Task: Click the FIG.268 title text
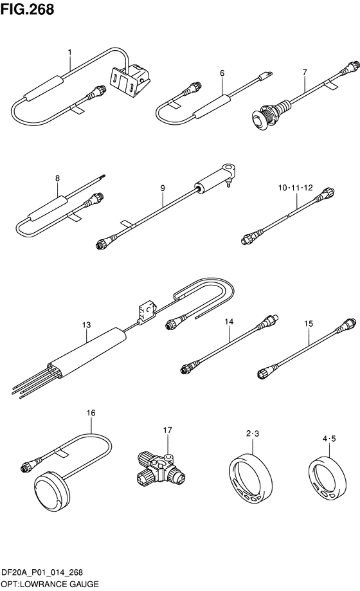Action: (27, 9)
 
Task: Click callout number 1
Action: (69, 53)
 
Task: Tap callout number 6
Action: (222, 73)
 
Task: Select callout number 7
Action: (305, 72)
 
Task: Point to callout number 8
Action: (57, 178)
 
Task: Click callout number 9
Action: (163, 188)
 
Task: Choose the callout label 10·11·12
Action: (296, 187)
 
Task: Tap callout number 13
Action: (86, 325)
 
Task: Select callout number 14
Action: (229, 322)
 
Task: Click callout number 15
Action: (309, 323)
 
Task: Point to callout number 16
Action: (91, 413)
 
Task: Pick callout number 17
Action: (167, 430)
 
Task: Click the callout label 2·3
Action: (253, 433)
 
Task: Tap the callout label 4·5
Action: (329, 439)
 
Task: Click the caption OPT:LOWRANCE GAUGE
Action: (50, 584)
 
